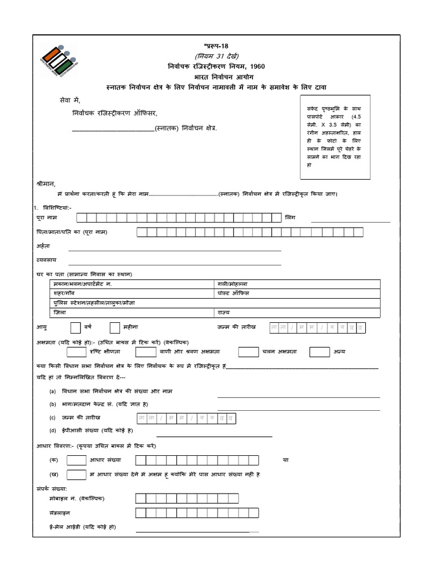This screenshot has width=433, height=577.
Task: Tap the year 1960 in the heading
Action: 253,66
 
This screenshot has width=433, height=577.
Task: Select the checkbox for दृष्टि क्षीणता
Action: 76,352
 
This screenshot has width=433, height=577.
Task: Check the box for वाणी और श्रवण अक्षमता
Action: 145,352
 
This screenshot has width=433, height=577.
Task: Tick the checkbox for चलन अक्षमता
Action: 248,352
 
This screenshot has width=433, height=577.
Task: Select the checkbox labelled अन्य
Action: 320,352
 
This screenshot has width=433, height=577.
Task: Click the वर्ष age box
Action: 75,327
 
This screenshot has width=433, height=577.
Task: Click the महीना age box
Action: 115,327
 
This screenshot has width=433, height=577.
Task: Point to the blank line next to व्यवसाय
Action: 174,263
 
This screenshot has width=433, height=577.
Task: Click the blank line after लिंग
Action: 350,221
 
